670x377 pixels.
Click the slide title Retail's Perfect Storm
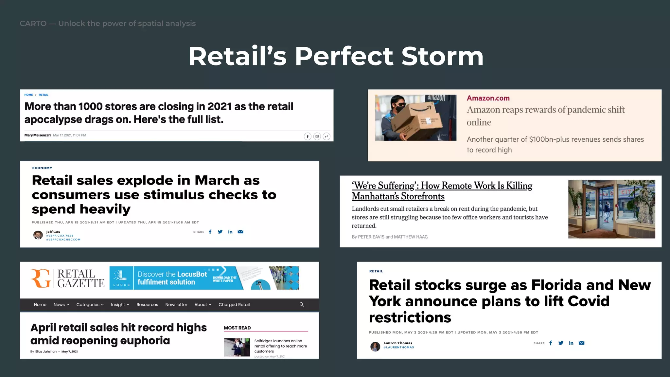point(336,56)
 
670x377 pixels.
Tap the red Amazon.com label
point(488,98)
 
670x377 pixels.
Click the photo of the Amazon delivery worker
point(415,118)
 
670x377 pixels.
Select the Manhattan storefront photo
point(611,209)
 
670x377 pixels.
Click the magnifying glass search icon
point(302,305)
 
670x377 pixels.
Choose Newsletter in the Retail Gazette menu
point(176,305)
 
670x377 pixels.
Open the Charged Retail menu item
point(234,305)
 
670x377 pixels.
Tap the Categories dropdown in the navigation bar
point(90,305)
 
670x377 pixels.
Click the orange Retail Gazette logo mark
point(41,278)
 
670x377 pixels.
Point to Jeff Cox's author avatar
point(38,235)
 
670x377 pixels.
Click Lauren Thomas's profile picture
point(375,346)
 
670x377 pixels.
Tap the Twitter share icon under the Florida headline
point(561,343)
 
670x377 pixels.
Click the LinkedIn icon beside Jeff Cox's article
point(230,232)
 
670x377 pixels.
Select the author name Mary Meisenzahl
point(38,135)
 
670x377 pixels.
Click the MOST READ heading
point(237,328)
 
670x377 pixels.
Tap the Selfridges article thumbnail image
point(237,347)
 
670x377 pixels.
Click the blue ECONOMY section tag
point(42,168)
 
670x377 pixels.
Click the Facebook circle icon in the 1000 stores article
point(308,136)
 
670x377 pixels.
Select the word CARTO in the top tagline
point(33,24)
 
